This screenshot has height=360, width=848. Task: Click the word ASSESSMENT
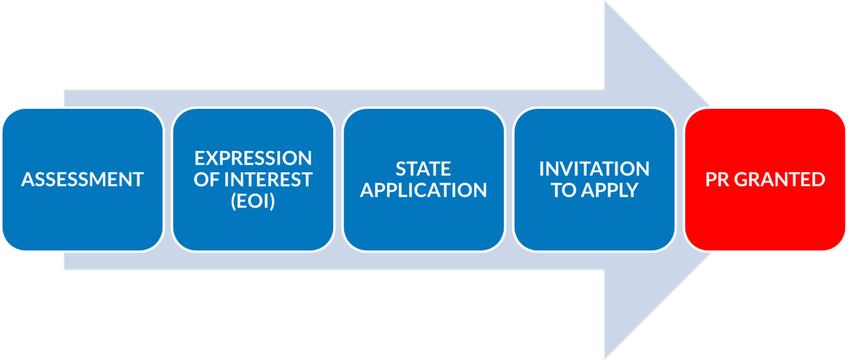pyautogui.click(x=82, y=179)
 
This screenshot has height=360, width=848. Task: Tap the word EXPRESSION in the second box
pyautogui.click(x=253, y=158)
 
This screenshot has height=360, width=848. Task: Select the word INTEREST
pyautogui.click(x=268, y=179)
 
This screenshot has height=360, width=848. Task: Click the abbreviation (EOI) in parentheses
pyautogui.click(x=253, y=201)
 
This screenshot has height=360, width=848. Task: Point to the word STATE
pyautogui.click(x=423, y=169)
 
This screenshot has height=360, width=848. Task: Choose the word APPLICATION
pyautogui.click(x=423, y=190)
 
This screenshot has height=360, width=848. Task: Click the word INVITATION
pyautogui.click(x=594, y=169)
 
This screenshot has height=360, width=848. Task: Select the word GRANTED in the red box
pyautogui.click(x=779, y=179)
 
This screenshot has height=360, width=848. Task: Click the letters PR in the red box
pyautogui.click(x=717, y=179)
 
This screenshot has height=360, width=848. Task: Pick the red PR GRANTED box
pyautogui.click(x=765, y=179)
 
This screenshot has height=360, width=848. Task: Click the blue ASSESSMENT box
pyautogui.click(x=82, y=179)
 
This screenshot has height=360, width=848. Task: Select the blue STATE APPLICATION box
pyautogui.click(x=423, y=179)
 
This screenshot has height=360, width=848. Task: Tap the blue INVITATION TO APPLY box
pyautogui.click(x=594, y=179)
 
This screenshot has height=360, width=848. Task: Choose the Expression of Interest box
pyautogui.click(x=253, y=179)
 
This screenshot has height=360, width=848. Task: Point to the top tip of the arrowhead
pyautogui.click(x=605, y=2)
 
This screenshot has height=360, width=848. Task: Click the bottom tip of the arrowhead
pyautogui.click(x=605, y=358)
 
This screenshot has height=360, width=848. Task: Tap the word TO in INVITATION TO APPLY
pyautogui.click(x=564, y=190)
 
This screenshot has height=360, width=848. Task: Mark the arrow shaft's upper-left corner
pyautogui.click(x=65, y=91)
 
